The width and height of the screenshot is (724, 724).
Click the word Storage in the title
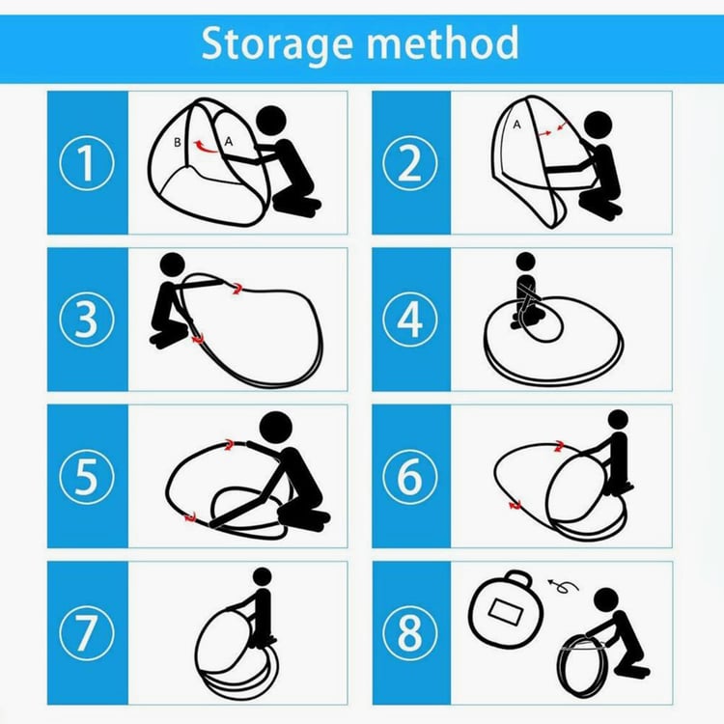pos(277,44)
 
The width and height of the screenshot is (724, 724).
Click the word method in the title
pos(442,42)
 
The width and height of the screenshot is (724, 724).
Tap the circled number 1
pos(86,163)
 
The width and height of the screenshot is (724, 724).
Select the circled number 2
pos(409,163)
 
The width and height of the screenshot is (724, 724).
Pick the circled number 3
pos(86,320)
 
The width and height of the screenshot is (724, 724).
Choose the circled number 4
pos(409,320)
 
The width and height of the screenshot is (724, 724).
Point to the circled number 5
pos(86,477)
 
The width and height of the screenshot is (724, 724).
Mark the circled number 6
pos(409,477)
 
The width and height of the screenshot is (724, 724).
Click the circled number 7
pos(86,633)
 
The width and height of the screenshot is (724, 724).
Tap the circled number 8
pos(409,633)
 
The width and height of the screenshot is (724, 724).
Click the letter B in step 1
pos(178,142)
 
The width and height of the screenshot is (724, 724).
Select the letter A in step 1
pos(228,142)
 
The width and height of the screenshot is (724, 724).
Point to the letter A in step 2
pos(516,125)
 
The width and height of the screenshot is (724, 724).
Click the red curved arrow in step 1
pos(204,148)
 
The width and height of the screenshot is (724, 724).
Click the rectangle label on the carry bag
pos(506,611)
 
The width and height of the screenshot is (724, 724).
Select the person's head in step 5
pos(276,428)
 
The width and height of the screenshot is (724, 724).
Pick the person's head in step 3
pos(172,265)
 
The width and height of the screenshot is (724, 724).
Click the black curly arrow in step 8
pos(564,586)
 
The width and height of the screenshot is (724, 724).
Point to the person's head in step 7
pos(263,577)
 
